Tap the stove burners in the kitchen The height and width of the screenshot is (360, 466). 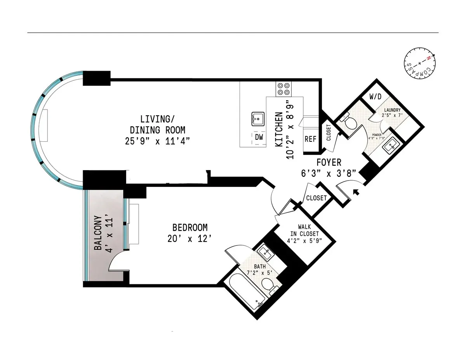283,89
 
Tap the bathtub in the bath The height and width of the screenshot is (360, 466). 247,291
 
